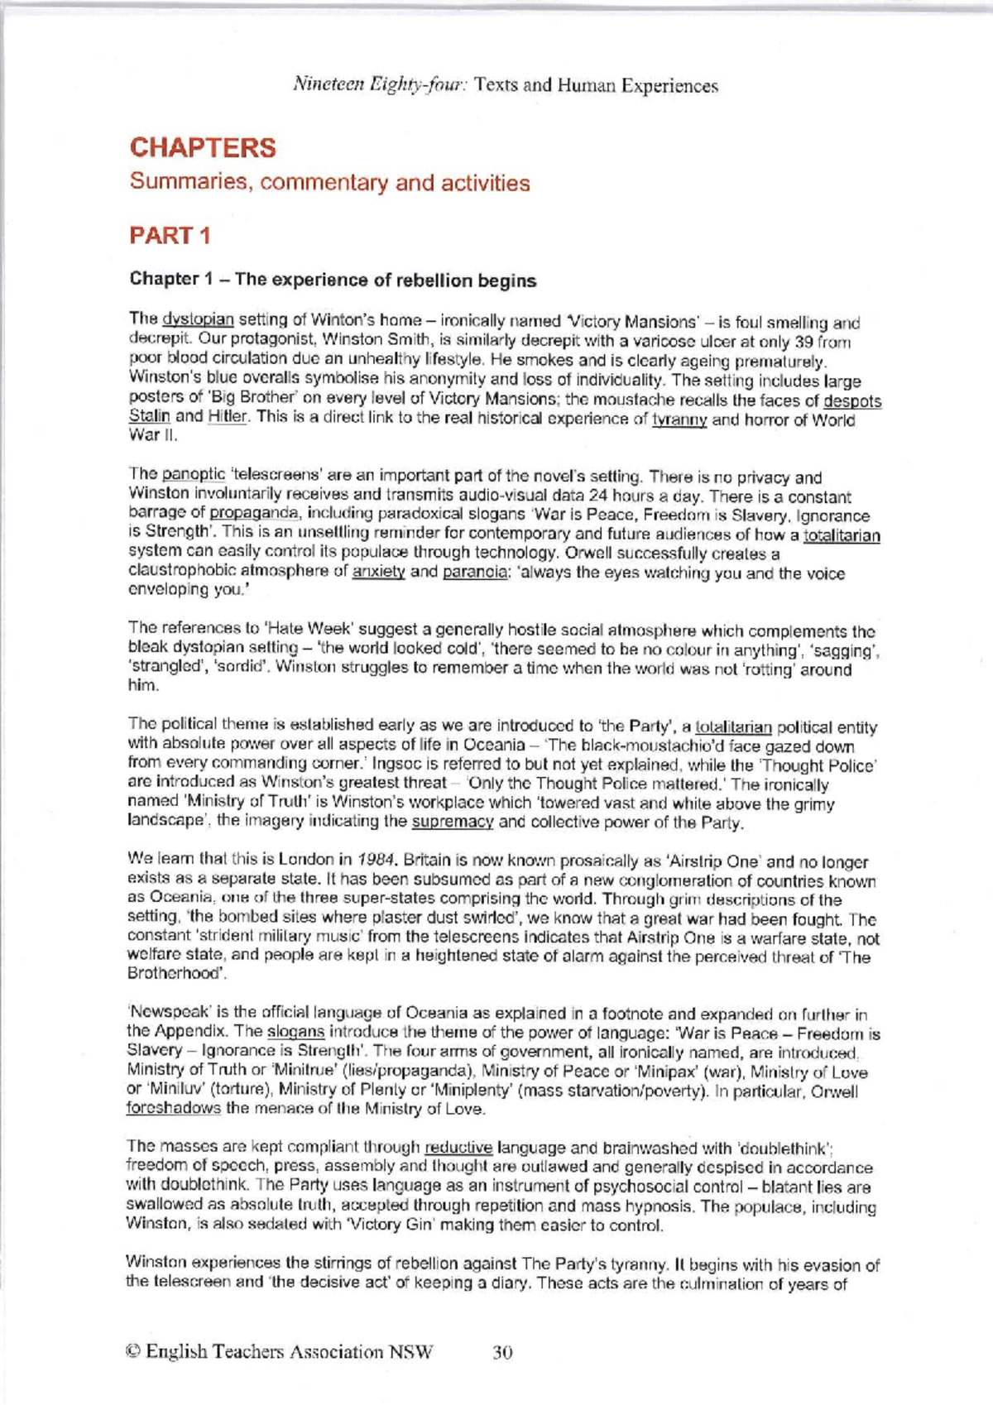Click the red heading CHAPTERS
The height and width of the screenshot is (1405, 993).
click(203, 148)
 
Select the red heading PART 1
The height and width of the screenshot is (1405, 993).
click(170, 236)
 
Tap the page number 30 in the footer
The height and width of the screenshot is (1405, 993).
click(502, 1352)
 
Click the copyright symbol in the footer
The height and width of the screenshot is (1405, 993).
click(132, 1352)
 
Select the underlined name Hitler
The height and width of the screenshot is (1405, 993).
click(228, 417)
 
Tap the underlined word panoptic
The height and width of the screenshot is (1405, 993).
click(194, 475)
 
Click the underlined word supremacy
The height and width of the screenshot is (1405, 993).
click(453, 822)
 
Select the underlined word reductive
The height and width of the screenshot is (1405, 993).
click(458, 1148)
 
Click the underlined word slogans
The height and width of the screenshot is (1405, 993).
click(295, 1033)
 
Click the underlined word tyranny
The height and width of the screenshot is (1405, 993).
click(679, 420)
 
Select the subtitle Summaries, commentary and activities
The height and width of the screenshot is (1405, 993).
click(329, 183)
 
